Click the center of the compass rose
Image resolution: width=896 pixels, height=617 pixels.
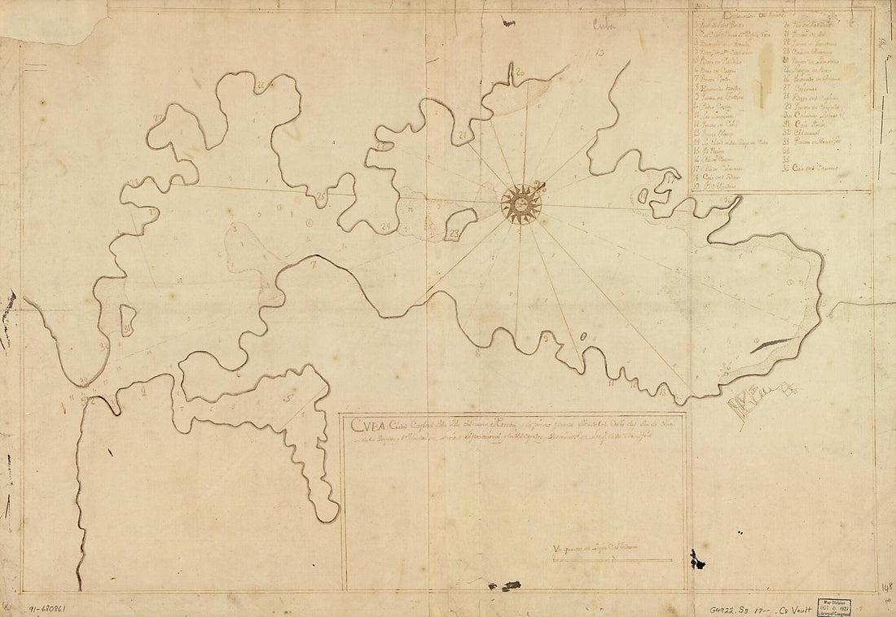pos(520,203)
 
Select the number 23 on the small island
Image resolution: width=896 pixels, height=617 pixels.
pos(455,234)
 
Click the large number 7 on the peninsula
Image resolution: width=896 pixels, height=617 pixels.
pos(312,265)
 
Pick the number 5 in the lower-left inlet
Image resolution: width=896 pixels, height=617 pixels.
pos(288,397)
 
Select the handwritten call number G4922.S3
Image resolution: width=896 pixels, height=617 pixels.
pos(714,607)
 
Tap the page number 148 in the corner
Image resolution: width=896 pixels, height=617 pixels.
pos(886,586)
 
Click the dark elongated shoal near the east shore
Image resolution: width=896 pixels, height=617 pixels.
pos(770,345)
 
